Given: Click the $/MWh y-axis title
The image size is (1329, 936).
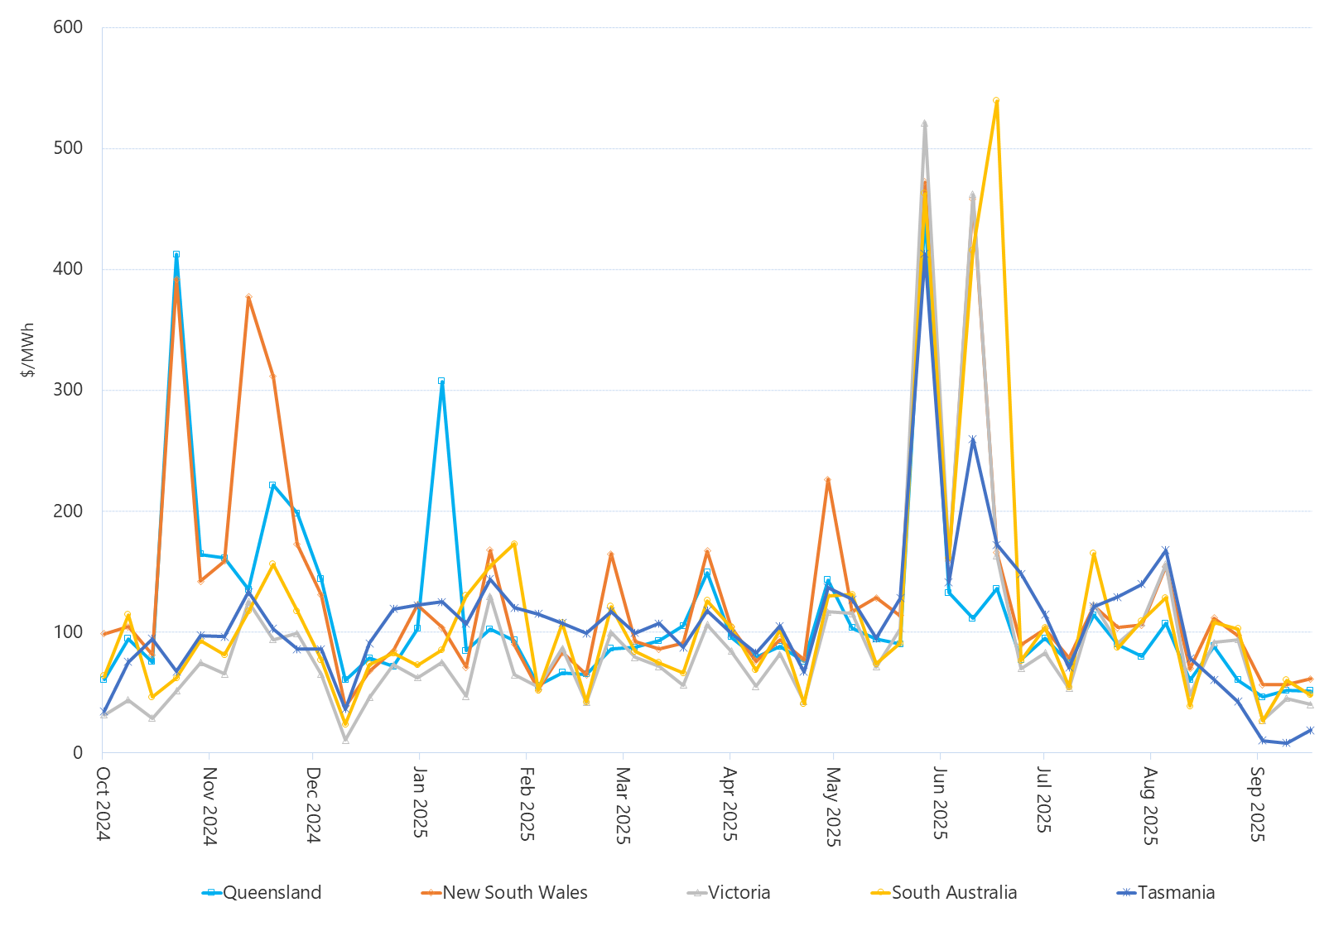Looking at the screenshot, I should click(28, 350).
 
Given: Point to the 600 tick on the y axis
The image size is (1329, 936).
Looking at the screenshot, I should click(68, 27).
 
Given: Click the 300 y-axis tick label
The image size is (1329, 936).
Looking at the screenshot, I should click(68, 390).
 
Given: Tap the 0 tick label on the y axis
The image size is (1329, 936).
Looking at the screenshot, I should click(78, 753).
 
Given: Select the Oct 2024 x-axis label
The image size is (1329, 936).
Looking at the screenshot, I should click(104, 804).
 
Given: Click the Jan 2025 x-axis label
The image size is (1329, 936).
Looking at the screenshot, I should click(420, 802).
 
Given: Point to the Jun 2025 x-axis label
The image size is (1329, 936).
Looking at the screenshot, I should click(940, 803).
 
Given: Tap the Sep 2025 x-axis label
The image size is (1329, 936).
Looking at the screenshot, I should click(1257, 804).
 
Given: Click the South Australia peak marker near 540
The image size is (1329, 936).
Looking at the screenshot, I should click(996, 100).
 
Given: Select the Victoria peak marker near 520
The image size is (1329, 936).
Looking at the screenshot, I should click(924, 123).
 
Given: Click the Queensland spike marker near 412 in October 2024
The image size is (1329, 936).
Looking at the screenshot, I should click(176, 254).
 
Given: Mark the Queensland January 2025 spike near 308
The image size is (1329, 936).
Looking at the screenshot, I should click(441, 381).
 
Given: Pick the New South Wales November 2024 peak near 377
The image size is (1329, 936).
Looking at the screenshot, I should click(248, 296).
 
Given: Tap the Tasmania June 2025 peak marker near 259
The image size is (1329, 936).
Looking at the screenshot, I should click(972, 439).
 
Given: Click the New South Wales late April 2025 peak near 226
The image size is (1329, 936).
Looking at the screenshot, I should click(827, 479).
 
